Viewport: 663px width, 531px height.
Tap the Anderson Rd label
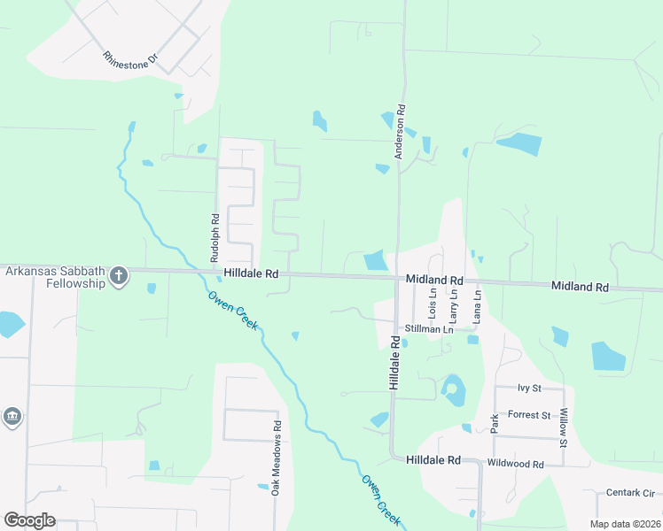pyautogui.click(x=401, y=132)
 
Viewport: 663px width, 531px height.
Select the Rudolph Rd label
pyautogui.click(x=214, y=237)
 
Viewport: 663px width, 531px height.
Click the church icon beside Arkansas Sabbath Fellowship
pyautogui.click(x=119, y=278)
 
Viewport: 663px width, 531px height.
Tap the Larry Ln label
pyautogui.click(x=453, y=304)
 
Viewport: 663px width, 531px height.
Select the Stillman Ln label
pyautogui.click(x=428, y=329)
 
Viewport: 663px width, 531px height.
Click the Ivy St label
pyautogui.click(x=529, y=389)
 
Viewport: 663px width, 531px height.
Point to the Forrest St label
pyautogui.click(x=529, y=415)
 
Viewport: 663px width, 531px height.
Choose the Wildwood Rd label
pyautogui.click(x=515, y=464)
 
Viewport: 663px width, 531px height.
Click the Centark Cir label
pyautogui.click(x=629, y=492)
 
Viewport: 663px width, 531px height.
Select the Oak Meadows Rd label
pyautogui.click(x=277, y=457)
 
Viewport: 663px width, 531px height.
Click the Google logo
pyautogui.click(x=29, y=520)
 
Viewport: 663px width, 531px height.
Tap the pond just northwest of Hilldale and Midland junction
pyautogui.click(x=376, y=261)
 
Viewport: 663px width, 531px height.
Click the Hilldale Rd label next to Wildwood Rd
pyautogui.click(x=433, y=461)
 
